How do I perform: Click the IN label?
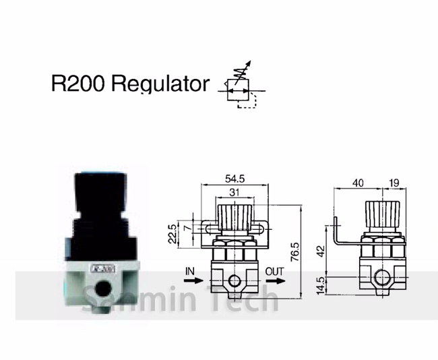pos(190,270)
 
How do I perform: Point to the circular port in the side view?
pos(381,277)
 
